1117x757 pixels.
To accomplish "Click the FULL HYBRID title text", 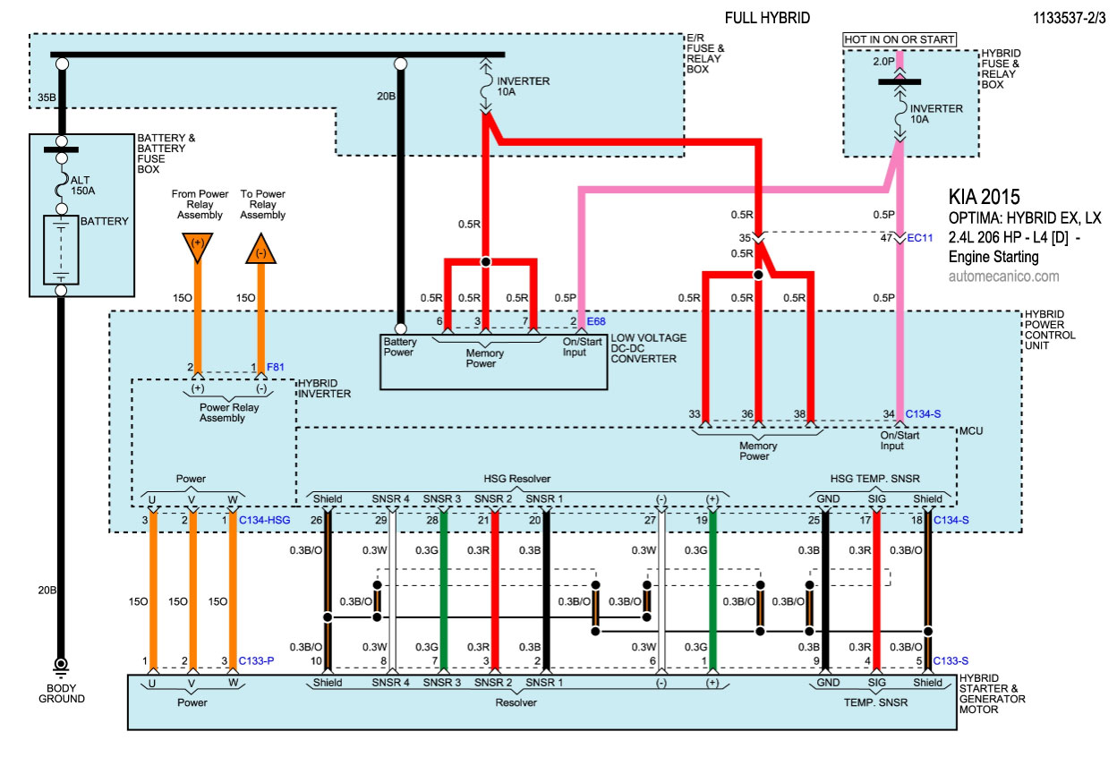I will click(x=766, y=17).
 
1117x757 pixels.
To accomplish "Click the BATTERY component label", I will click(x=105, y=221).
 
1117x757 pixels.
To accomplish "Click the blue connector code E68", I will click(x=597, y=321).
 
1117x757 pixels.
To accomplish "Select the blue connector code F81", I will click(x=277, y=367).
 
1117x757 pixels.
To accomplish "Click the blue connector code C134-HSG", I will click(x=265, y=520).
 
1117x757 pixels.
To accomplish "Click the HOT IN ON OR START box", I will click(x=900, y=39).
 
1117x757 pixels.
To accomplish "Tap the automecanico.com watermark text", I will click(x=1003, y=276).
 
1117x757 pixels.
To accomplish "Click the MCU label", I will click(x=971, y=430).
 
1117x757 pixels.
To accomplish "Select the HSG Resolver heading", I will click(x=518, y=479).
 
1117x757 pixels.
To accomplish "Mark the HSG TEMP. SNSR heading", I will click(x=874, y=479).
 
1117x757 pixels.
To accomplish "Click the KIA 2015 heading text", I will click(x=984, y=196).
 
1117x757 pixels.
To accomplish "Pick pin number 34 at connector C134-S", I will click(x=888, y=413).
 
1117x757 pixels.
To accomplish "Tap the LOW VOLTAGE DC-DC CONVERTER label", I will click(x=650, y=348).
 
